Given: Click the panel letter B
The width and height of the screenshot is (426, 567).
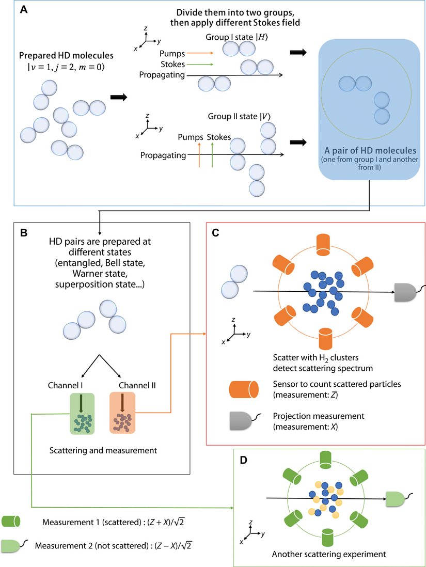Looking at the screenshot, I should tap(24, 233).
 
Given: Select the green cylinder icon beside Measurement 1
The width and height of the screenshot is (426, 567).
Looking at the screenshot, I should tap(12, 522).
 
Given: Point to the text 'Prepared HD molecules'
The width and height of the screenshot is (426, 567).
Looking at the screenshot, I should tap(57, 55).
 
